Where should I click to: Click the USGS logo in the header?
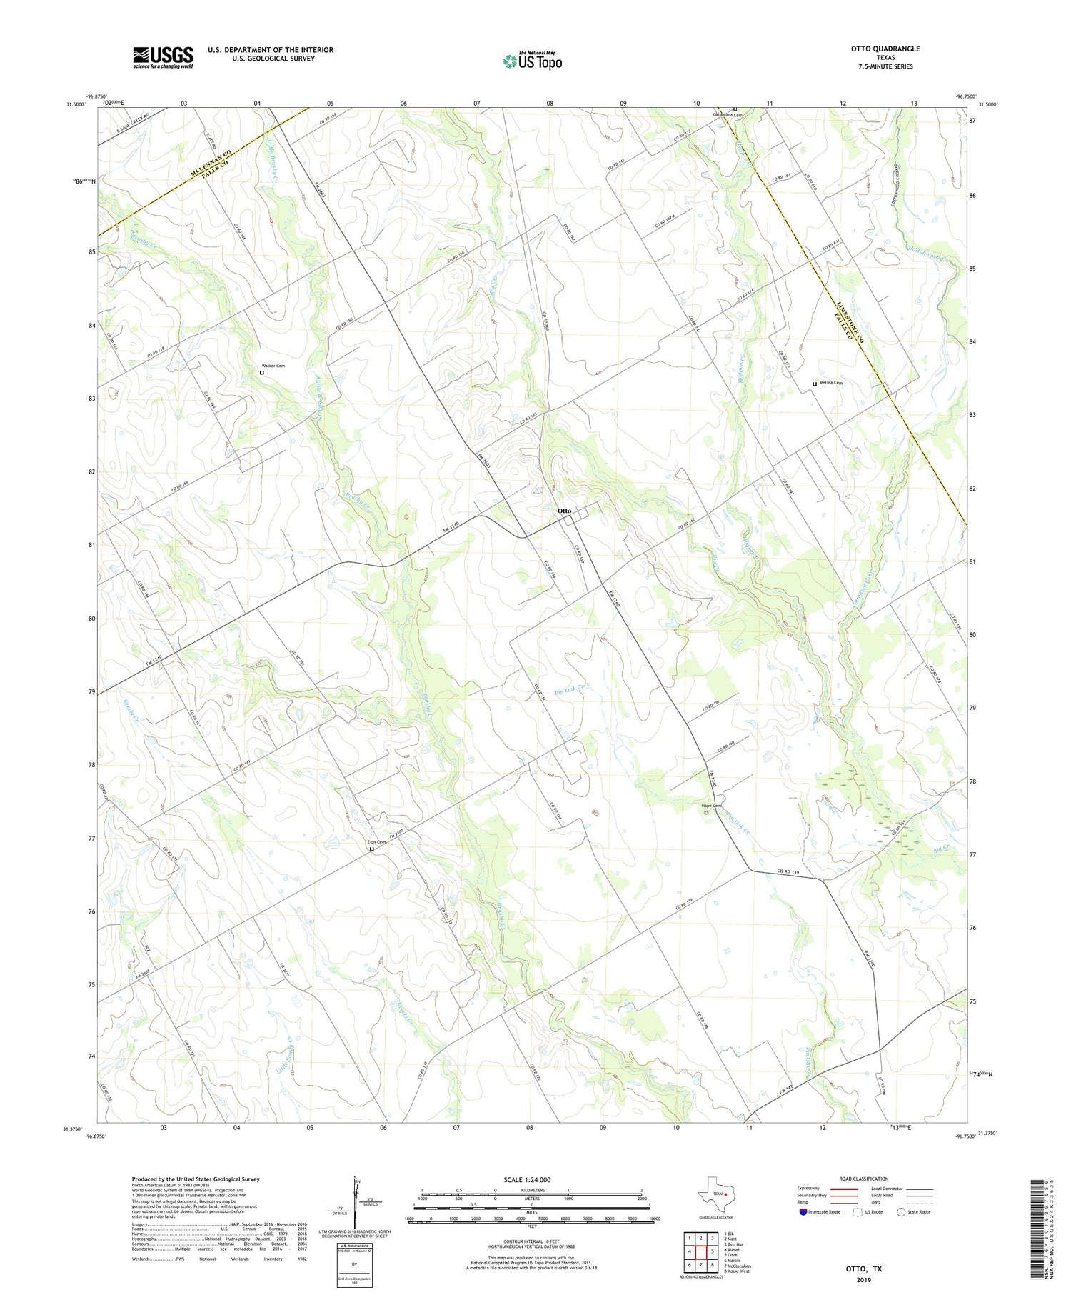[163, 57]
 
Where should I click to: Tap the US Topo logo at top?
[533, 61]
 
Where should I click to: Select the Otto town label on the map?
[564, 511]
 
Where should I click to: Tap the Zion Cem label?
[376, 842]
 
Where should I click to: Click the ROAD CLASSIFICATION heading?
[864, 1179]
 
